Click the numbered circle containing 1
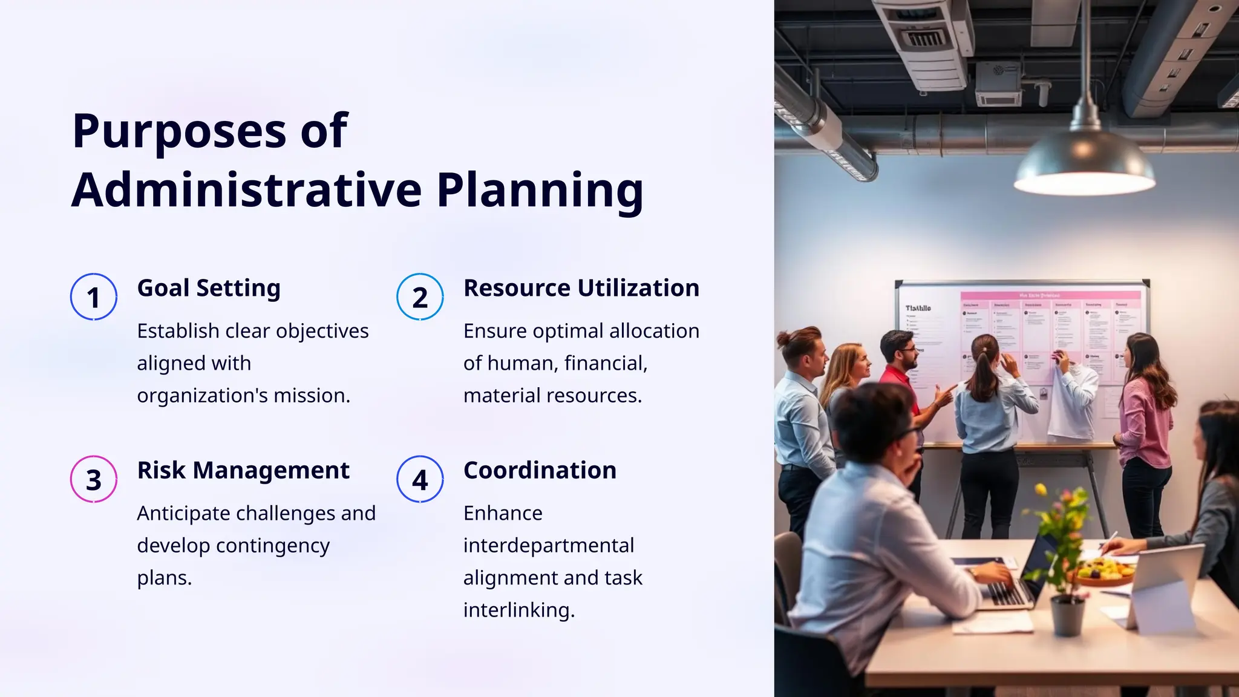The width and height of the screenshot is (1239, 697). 93,297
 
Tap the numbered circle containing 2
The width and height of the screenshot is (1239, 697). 420,297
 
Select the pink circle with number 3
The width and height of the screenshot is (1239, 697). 93,479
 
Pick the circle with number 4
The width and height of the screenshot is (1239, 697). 420,479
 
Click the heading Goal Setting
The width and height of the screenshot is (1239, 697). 209,288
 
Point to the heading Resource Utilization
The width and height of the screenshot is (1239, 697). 581,288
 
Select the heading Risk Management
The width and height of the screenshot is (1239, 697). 243,470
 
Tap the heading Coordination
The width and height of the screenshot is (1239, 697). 540,470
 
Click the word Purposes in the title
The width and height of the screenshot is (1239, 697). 179,131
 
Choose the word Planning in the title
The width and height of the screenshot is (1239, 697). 540,190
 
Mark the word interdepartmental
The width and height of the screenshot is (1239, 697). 548,546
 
